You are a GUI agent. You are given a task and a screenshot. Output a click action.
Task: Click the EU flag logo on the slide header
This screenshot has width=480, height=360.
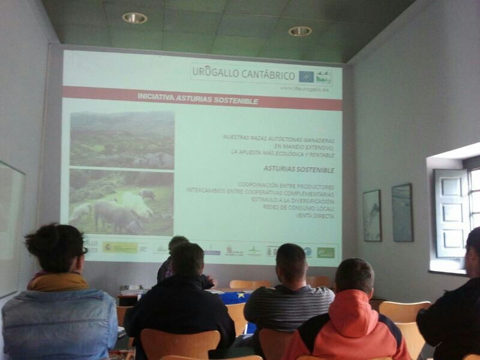307,76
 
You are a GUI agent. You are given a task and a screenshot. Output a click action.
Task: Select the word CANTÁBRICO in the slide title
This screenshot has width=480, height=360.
267,75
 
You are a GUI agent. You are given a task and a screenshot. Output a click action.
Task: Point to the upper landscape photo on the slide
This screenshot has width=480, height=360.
122,139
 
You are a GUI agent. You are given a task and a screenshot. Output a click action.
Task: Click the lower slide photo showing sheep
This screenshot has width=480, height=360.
121,202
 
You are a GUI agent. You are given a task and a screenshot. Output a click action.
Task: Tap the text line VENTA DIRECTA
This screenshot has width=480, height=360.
314,215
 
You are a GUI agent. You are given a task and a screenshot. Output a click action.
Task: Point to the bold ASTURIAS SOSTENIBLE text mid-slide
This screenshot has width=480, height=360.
299,170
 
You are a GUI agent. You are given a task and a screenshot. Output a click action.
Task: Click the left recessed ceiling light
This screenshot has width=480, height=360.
134,18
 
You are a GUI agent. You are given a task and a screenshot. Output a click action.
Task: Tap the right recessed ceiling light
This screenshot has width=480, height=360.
300,31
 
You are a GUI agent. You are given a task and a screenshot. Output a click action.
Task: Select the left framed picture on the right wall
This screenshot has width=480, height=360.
371,215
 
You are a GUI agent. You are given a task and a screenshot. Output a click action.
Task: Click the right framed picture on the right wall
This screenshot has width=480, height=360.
402,212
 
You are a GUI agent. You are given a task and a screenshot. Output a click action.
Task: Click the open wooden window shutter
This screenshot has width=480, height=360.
451,213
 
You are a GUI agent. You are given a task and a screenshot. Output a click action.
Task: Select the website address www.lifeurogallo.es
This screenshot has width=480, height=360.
304,89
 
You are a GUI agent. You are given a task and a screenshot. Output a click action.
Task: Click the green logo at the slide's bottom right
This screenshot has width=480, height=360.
326,253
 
